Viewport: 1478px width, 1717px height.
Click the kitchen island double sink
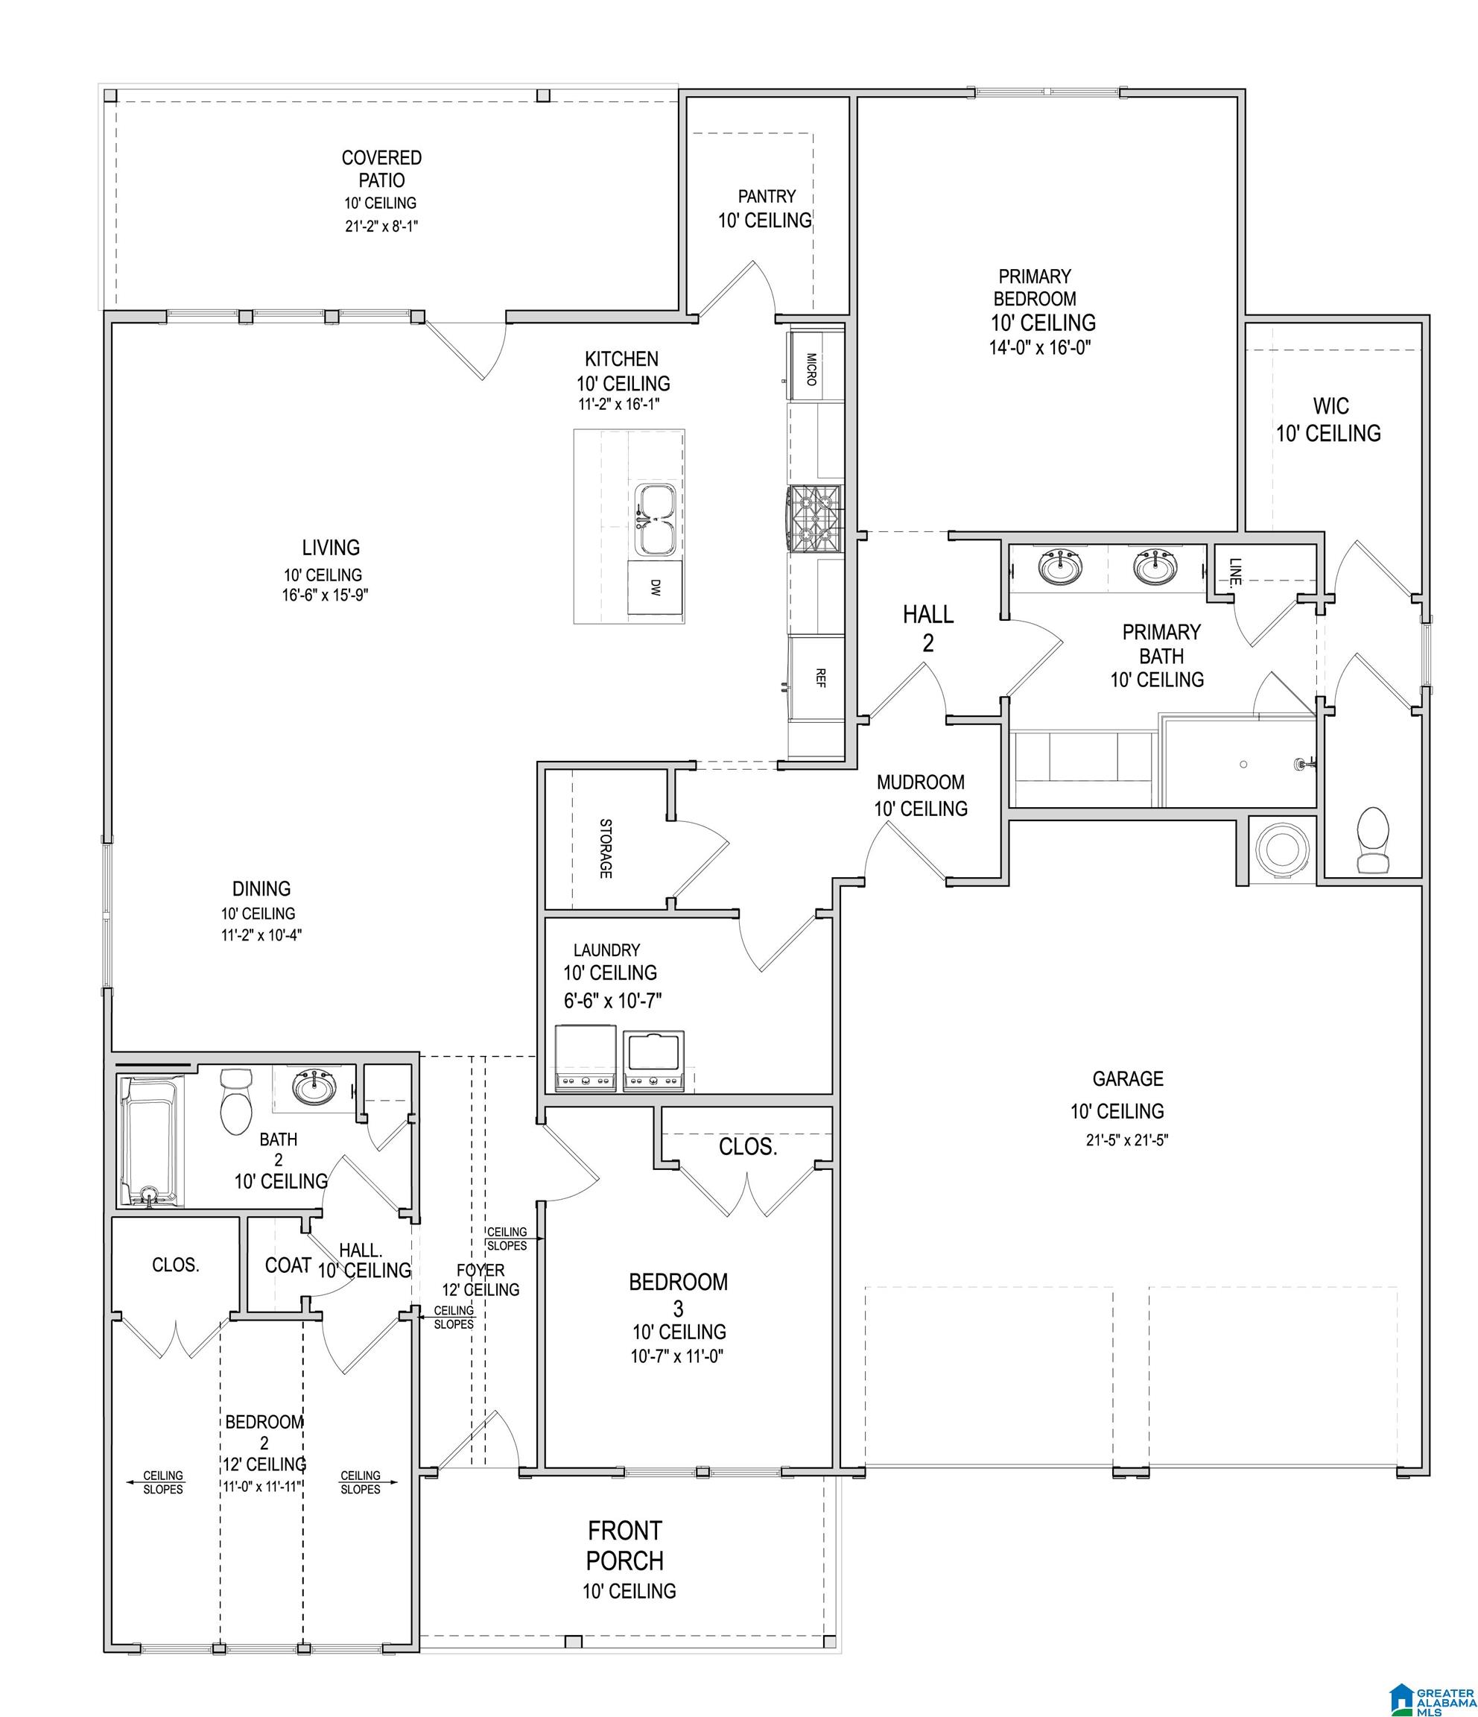[x=656, y=519]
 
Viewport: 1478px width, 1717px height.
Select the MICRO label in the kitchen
[x=811, y=370]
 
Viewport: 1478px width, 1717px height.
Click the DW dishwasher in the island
[x=655, y=586]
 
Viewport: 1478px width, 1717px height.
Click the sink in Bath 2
[x=314, y=1087]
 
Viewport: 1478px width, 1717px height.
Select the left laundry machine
[x=585, y=1058]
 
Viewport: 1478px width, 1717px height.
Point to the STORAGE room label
[x=606, y=849]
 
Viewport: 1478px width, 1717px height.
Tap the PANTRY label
[x=767, y=197]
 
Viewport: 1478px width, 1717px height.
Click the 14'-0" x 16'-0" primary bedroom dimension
[x=1040, y=347]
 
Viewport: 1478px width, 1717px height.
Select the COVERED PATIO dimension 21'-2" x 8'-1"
[x=381, y=227]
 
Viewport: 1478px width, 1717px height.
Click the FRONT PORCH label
[x=625, y=1546]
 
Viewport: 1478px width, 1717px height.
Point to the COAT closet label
[x=288, y=1265]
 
